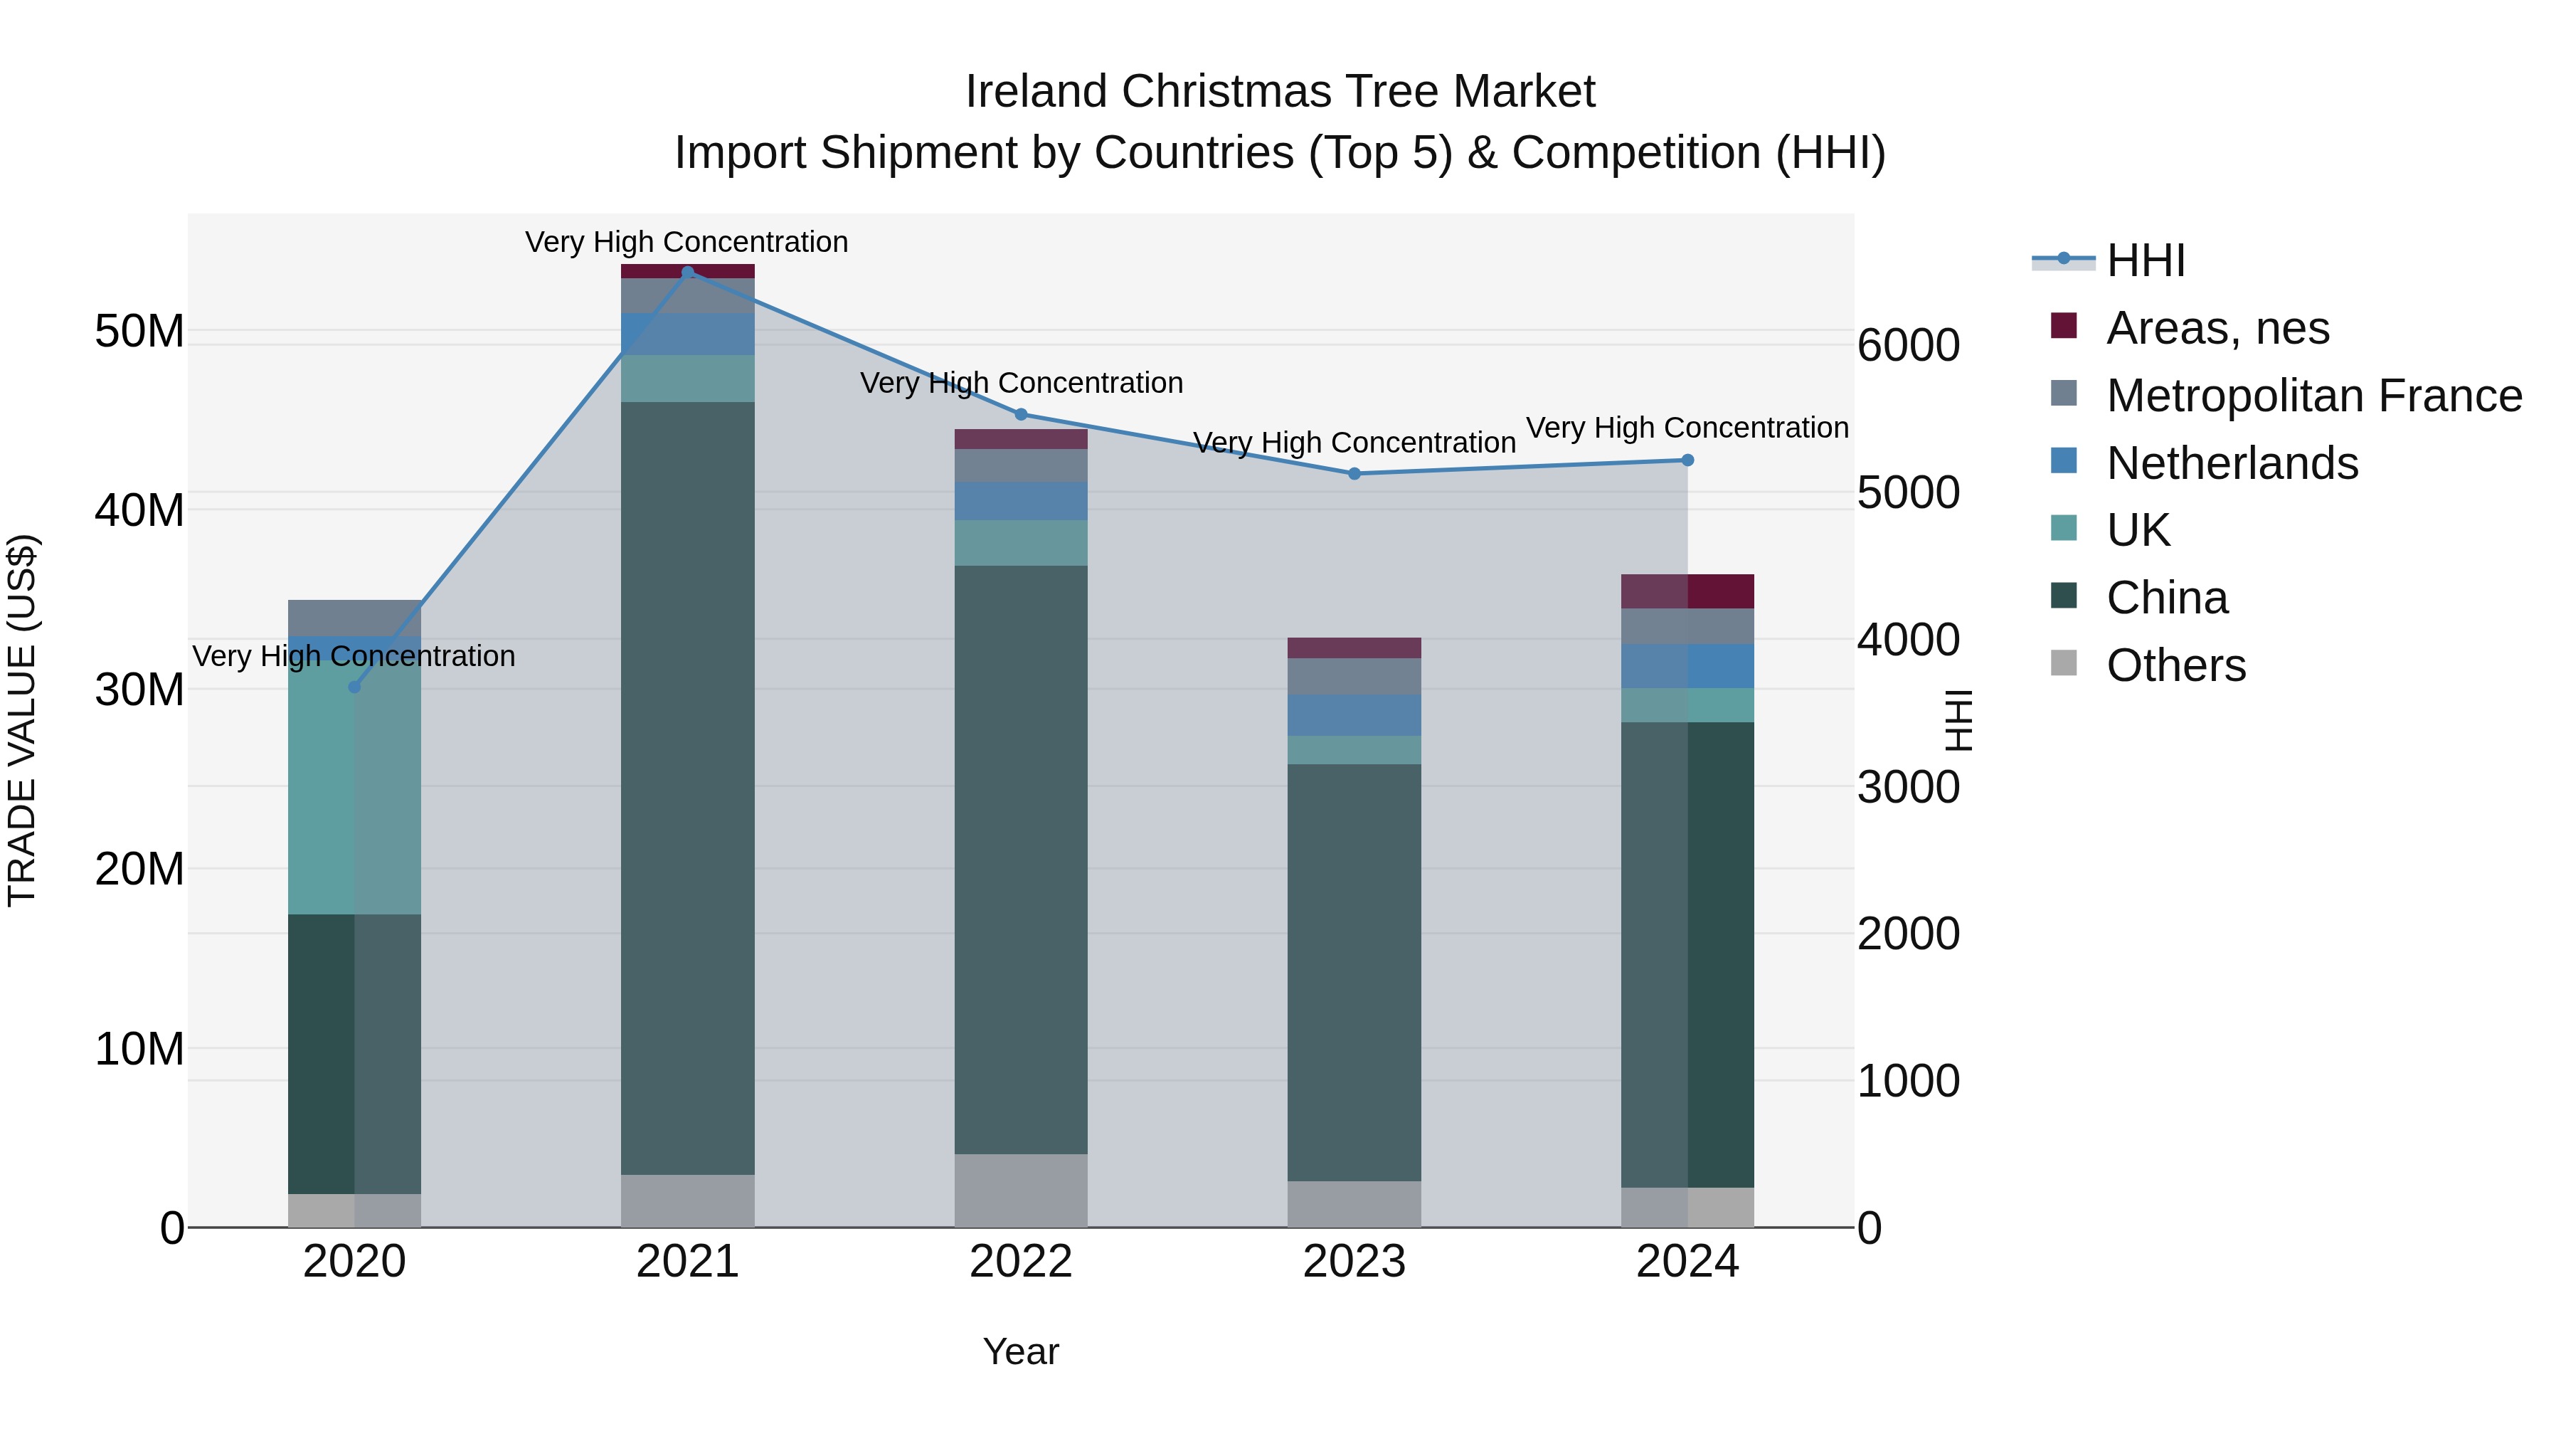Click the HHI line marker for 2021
[687, 272]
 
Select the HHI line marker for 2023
[1354, 473]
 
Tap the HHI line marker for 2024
[1687, 460]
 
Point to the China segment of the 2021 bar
[687, 786]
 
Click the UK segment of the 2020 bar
[354, 786]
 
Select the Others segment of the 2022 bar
[1020, 1191]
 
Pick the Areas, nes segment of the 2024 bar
[1687, 591]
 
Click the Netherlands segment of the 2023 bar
[1354, 715]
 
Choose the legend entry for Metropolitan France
[2313, 396]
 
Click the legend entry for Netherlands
[2232, 463]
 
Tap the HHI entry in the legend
[2146, 260]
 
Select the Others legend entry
[2175, 665]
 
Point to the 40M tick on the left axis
[139, 510]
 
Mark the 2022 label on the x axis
[1020, 1262]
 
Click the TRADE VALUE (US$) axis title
[22, 720]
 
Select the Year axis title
[1020, 1351]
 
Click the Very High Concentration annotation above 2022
[1020, 383]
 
